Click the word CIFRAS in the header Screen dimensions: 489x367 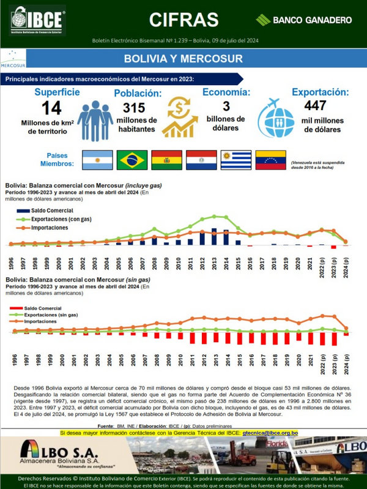(183, 19)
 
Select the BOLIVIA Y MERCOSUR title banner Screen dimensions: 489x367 (183, 59)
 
